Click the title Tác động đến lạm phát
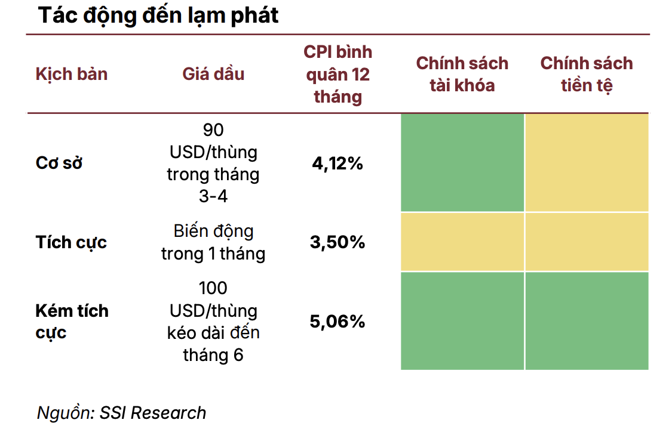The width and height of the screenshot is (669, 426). coord(158,16)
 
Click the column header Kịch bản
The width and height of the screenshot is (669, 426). coord(72,74)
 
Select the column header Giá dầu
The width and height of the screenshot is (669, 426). coord(213,74)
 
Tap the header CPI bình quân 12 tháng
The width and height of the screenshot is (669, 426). coord(337,74)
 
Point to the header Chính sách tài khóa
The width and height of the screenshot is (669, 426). coord(462,74)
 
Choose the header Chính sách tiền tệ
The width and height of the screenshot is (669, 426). coord(586,74)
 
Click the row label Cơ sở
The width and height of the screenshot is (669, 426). coord(59,163)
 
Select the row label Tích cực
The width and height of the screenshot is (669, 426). coord(71,242)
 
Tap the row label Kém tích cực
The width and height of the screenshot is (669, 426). coord(72,321)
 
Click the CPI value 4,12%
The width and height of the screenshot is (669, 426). coord(337,163)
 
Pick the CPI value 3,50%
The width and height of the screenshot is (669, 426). coord(337,242)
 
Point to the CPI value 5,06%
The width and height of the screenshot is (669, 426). coord(337,322)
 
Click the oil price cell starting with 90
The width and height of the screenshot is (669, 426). coord(213,163)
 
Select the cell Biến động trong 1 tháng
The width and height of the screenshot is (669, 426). coord(213,242)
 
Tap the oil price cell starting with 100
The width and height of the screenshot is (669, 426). coord(213,322)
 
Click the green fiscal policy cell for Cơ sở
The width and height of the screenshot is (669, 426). coord(462,162)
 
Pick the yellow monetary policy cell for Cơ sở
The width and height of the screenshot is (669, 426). coord(587,162)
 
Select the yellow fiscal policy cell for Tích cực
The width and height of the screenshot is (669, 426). coord(462,242)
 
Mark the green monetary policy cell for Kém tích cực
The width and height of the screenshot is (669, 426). coord(587,321)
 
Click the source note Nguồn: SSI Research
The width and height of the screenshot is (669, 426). coord(121,412)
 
